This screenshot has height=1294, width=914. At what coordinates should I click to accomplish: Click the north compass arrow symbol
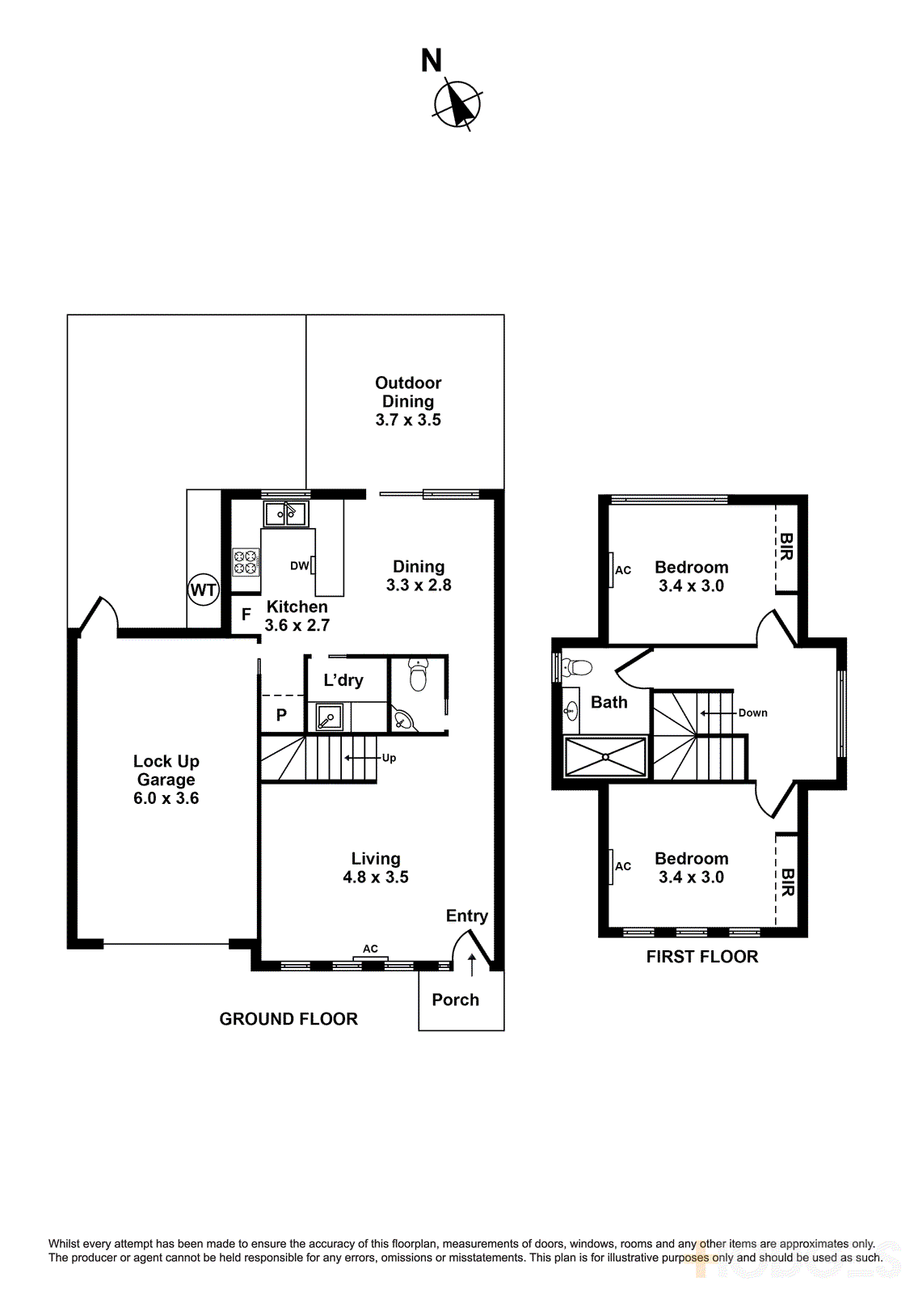point(458,104)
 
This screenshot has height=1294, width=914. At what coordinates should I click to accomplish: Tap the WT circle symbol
point(203,590)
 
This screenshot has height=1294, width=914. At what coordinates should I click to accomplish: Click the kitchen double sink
point(285,514)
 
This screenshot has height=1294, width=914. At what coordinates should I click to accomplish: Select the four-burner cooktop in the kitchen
point(246,561)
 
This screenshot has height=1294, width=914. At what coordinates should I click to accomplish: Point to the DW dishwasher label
point(299,566)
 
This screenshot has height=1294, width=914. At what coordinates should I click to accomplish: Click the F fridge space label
point(246,615)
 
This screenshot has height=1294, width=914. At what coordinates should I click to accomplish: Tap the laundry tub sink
point(329,717)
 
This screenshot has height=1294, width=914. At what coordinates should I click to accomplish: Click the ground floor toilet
point(418,674)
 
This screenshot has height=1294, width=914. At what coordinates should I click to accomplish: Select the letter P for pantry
point(281,715)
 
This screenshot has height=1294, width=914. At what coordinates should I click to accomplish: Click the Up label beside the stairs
point(389,758)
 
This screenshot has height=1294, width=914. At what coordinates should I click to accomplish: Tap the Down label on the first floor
point(752,713)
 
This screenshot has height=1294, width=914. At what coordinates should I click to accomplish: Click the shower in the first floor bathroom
point(606,757)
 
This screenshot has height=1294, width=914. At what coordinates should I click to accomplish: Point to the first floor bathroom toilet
point(579,668)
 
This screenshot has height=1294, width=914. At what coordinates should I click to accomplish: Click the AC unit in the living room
point(370,959)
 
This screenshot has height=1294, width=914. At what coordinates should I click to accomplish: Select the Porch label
point(455,1000)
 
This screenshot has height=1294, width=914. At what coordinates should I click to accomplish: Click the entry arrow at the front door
point(472,963)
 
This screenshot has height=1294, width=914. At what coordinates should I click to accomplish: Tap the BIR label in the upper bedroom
point(786,547)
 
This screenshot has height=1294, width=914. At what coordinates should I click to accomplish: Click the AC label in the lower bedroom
point(623,866)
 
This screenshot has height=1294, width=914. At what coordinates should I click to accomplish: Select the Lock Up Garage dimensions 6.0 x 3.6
point(166,798)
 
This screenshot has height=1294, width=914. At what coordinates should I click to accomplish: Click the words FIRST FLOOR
point(701,957)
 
